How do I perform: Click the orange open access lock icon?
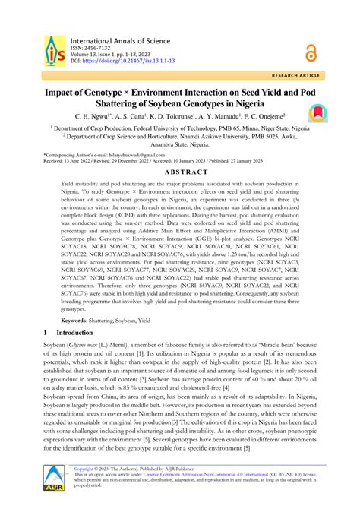[x=310, y=52]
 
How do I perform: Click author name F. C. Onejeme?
[x=257, y=116]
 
